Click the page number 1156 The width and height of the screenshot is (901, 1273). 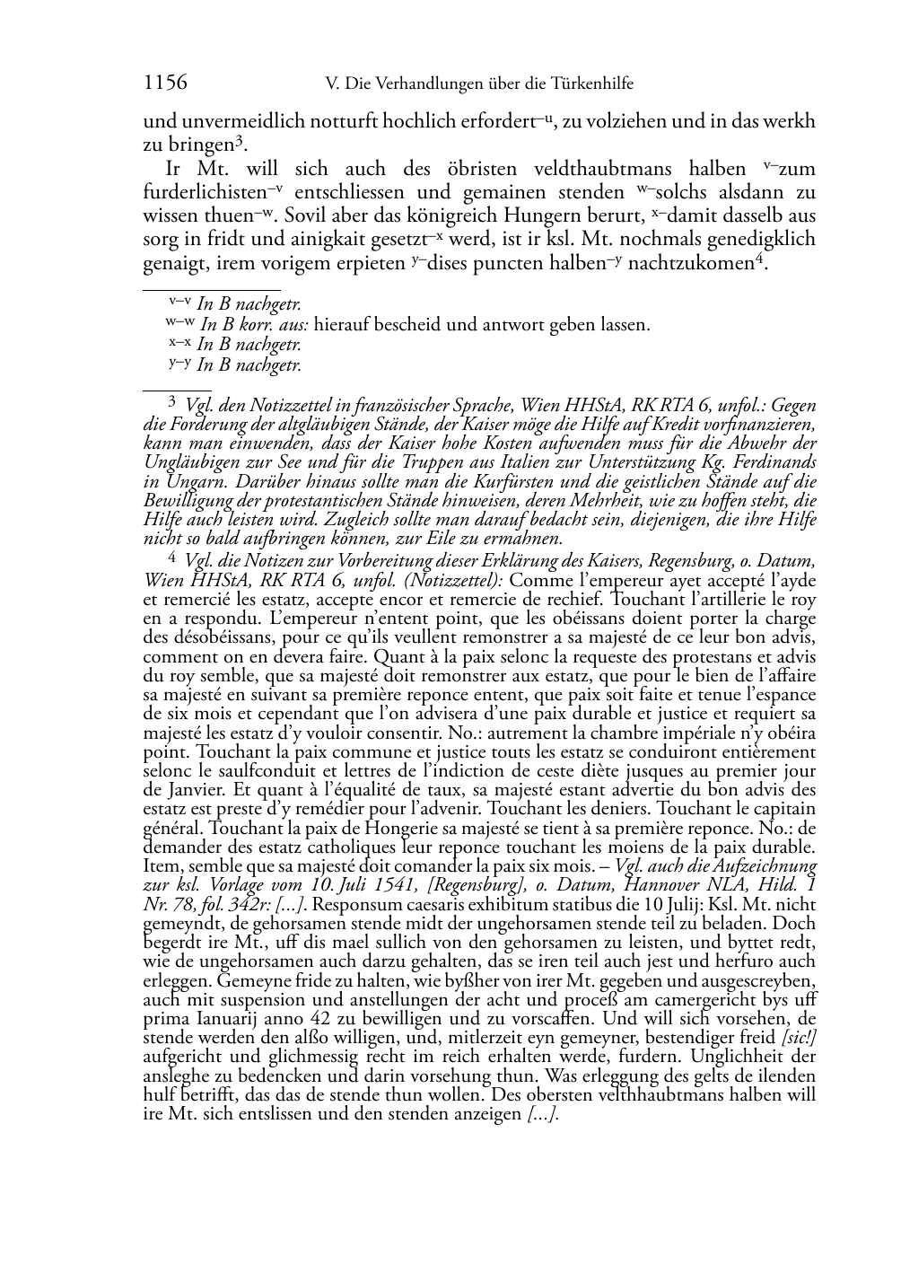(165, 83)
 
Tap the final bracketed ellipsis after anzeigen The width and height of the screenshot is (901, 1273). (544, 1114)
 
